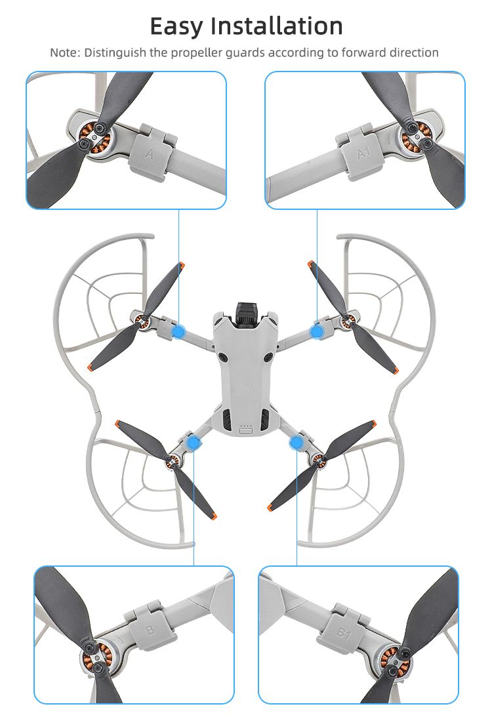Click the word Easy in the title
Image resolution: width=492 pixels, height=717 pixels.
click(176, 26)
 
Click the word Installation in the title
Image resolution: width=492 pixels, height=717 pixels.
click(277, 26)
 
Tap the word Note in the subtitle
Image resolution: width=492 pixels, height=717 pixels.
click(64, 52)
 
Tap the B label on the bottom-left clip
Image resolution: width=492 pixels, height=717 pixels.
click(150, 630)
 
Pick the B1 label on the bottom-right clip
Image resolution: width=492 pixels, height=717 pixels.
click(343, 633)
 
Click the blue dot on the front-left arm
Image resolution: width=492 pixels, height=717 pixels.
click(178, 332)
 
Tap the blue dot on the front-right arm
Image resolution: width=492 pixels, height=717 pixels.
click(317, 331)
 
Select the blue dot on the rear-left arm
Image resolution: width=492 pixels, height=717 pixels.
click(194, 442)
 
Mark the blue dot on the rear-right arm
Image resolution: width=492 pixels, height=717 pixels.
click(297, 442)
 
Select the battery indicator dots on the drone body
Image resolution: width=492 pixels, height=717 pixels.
click(246, 426)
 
